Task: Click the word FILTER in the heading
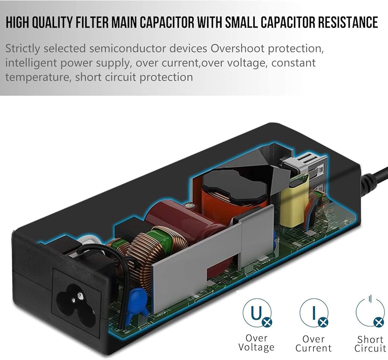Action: [x=92, y=22]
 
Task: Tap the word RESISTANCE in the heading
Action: [x=348, y=22]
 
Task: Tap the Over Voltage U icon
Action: [x=257, y=313]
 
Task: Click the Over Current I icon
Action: [x=314, y=313]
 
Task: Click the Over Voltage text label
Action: [x=256, y=343]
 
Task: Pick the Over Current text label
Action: [x=314, y=343]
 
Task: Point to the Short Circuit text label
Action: [x=371, y=344]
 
